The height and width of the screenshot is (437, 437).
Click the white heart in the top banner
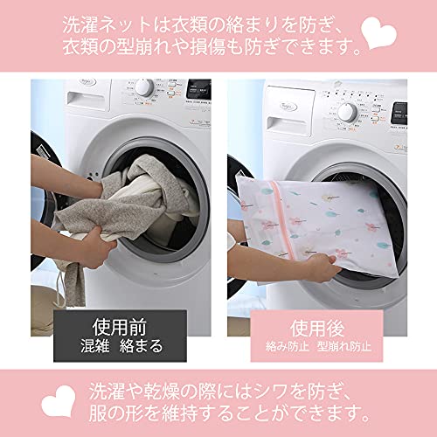point(378,32)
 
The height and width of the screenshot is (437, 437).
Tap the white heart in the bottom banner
point(58,401)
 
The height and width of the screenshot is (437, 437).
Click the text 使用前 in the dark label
point(120,327)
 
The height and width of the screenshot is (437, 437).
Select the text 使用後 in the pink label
point(317,329)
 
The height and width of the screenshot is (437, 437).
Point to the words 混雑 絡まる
point(121,346)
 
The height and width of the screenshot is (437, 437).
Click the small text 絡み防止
point(288,346)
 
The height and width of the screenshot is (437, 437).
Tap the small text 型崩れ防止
point(344,346)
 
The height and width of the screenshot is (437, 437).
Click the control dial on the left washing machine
point(144,87)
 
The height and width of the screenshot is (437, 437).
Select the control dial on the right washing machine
point(348,113)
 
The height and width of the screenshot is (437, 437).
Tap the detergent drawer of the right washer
point(287,126)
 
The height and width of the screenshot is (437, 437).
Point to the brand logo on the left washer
point(87,82)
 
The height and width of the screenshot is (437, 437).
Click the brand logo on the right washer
point(288,107)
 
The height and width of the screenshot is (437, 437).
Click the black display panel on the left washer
point(198,89)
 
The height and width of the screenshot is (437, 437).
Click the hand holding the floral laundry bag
point(324,267)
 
